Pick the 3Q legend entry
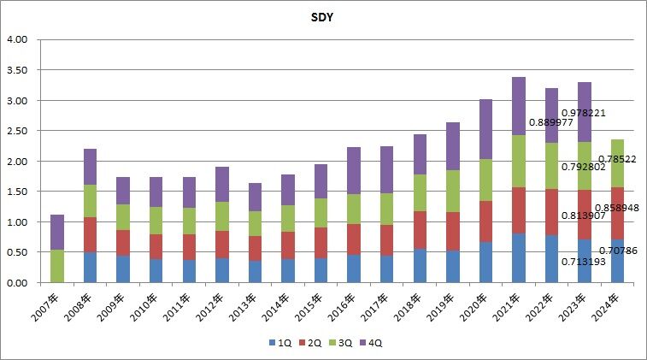click(x=343, y=343)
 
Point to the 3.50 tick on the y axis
click(x=17, y=70)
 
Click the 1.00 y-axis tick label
click(x=17, y=222)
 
